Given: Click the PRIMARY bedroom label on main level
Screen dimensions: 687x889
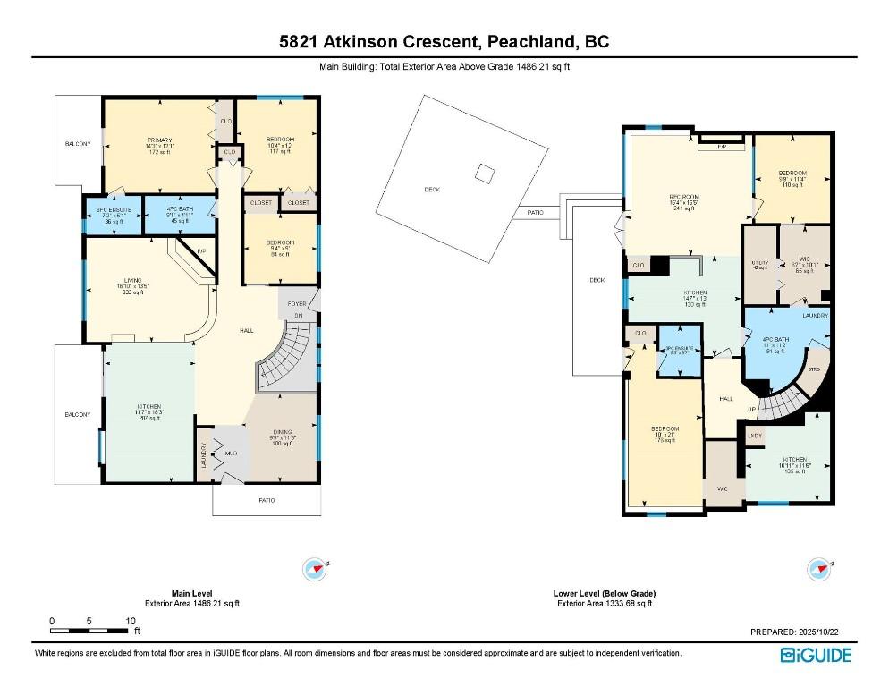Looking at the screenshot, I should coord(158,140).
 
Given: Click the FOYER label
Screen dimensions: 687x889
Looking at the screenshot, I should coord(296,304).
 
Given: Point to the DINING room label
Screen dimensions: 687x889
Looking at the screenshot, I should coord(282,432).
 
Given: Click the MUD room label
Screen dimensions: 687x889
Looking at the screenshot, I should coord(230,454).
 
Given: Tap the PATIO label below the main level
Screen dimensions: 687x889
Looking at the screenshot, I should coord(267,500).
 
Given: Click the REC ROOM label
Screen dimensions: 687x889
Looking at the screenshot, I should coord(682,197).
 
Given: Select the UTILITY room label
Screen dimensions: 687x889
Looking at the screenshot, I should coord(759,262).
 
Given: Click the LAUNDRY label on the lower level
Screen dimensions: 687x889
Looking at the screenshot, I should coord(815,316).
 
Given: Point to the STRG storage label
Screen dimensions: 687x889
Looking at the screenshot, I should coord(814,368).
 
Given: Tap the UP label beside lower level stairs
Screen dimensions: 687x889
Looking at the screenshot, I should coord(752,409).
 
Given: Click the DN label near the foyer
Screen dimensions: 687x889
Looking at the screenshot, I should coord(298,316).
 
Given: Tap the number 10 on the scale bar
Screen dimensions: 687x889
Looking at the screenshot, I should coord(130,621).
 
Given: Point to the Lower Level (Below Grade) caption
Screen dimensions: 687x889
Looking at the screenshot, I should coord(604,593).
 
